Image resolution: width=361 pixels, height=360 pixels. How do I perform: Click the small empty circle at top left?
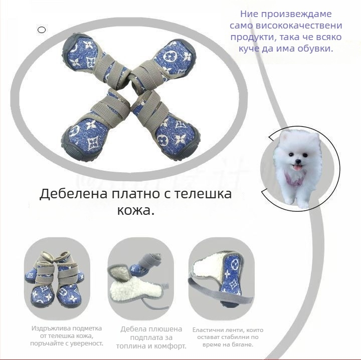click(42, 30)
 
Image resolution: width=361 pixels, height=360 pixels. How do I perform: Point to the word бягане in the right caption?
click(243, 344)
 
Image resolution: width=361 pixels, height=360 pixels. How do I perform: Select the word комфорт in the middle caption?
click(169, 346)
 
